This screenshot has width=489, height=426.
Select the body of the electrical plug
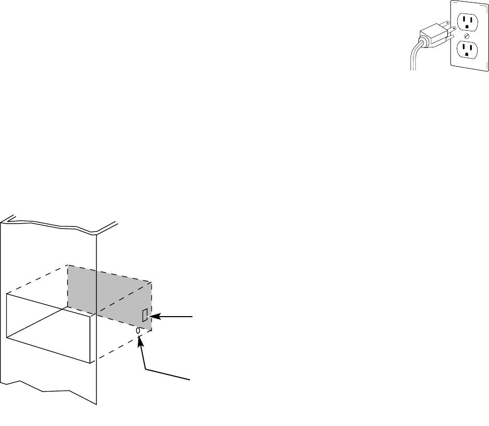[x=437, y=34]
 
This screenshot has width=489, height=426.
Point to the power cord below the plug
[x=414, y=57]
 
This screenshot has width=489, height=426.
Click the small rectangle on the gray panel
[x=145, y=315]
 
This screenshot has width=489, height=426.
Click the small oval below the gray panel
[x=138, y=331]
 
